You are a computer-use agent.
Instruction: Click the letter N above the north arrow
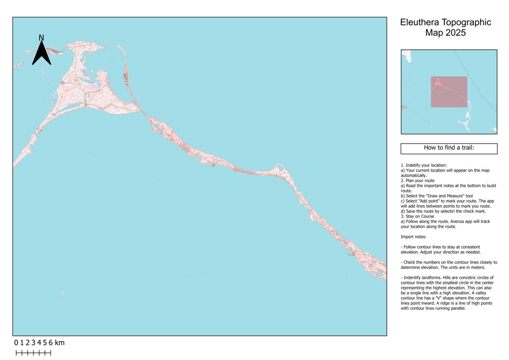41,38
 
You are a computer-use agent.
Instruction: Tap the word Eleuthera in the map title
420,23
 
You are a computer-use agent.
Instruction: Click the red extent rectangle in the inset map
449,91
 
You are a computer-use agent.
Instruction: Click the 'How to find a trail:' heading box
449,148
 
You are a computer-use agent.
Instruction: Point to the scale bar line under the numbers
33,353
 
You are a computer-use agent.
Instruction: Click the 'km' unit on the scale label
60,343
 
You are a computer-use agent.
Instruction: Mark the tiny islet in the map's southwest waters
63,293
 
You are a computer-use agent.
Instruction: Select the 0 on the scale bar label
16,343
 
